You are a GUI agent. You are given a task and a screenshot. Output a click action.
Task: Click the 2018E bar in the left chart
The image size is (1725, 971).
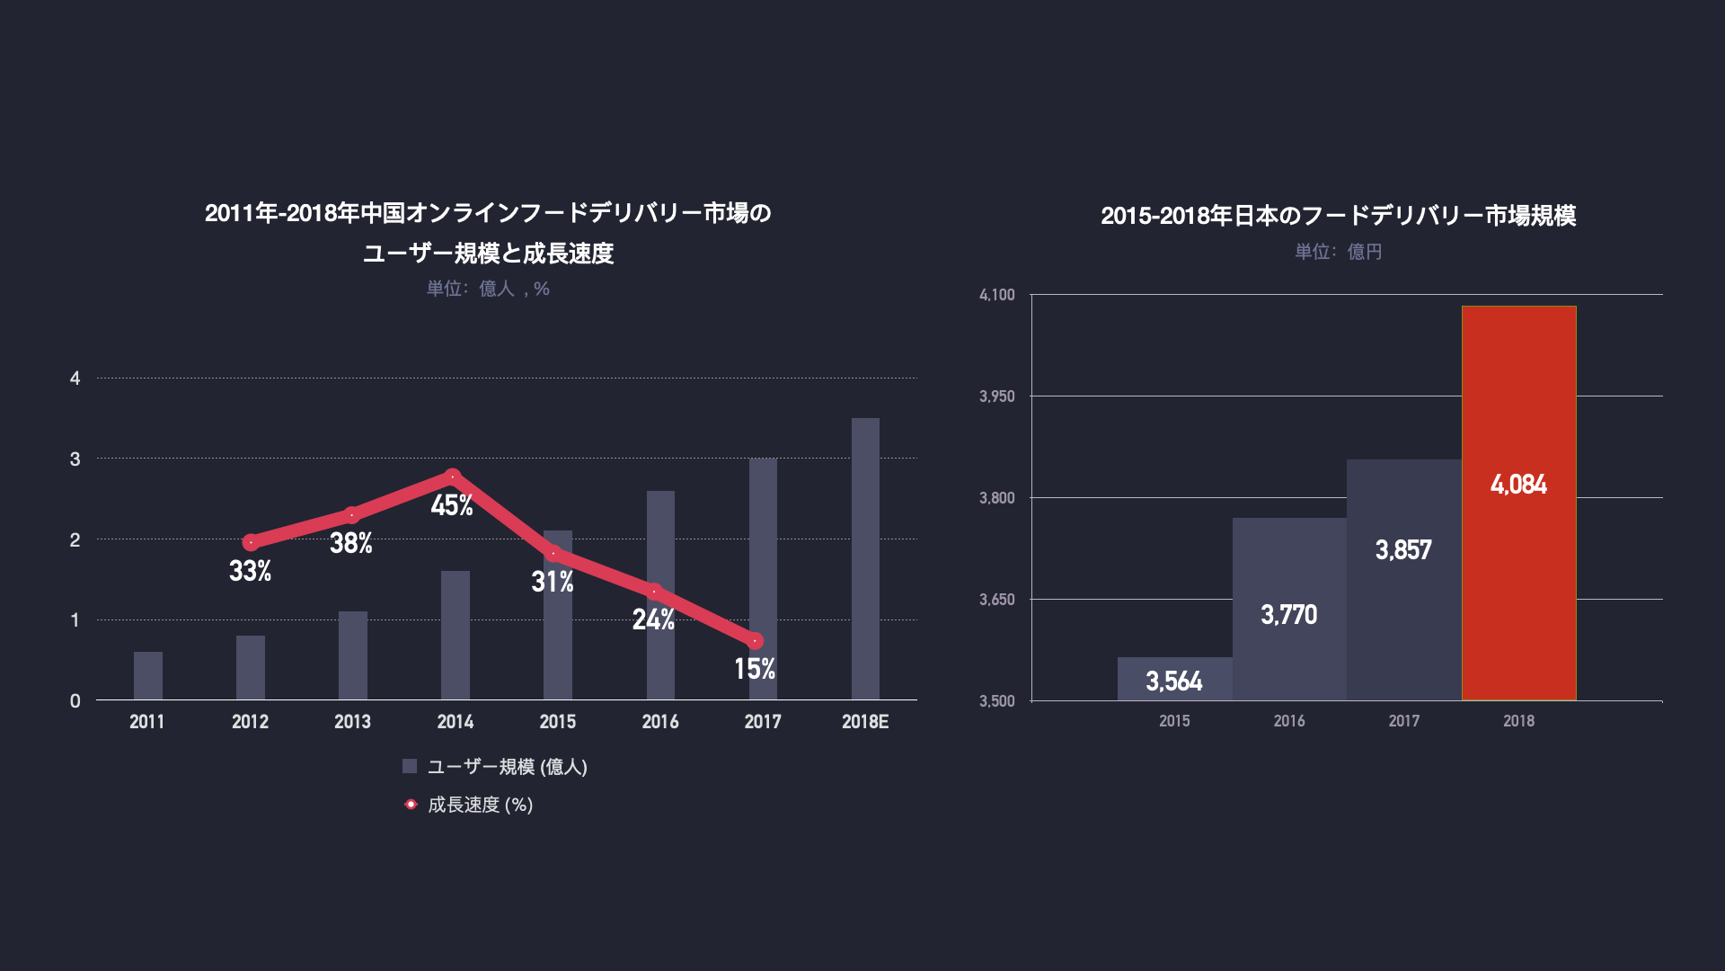[865, 558]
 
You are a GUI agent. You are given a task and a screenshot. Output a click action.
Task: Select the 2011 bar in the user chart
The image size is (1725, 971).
[148, 675]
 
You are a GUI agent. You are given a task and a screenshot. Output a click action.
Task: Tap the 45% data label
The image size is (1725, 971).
[452, 505]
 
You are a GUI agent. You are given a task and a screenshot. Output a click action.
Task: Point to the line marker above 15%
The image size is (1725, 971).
[756, 641]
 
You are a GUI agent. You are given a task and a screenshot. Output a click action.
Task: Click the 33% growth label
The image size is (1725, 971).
[250, 571]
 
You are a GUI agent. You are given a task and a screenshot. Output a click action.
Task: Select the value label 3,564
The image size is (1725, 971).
[1173, 681]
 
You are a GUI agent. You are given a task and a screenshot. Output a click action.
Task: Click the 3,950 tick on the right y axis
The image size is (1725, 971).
[996, 396]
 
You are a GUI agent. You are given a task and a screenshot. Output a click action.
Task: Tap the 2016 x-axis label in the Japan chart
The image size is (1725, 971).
[1289, 721]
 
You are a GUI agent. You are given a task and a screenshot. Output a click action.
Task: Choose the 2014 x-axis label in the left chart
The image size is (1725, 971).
[456, 722]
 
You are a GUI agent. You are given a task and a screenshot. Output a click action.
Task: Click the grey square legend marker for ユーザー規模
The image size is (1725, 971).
[410, 766]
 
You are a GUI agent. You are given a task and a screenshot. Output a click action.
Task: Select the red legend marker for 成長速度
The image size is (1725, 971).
[411, 804]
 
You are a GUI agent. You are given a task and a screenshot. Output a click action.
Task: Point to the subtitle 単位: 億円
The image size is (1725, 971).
[1338, 252]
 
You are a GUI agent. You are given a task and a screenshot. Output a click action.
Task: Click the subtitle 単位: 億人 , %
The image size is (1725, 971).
[488, 289]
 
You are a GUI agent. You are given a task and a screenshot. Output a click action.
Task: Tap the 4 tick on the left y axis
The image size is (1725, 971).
[75, 379]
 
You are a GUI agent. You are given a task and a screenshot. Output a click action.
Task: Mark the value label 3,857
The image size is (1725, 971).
[1403, 550]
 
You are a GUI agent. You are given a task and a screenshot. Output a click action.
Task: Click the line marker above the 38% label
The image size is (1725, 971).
[352, 515]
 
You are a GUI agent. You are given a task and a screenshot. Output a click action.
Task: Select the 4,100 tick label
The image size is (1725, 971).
[996, 295]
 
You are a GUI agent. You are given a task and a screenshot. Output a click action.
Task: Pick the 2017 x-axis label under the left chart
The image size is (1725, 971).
[763, 722]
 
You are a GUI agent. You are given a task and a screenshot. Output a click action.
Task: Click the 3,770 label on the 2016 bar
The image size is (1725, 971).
[1288, 615]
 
